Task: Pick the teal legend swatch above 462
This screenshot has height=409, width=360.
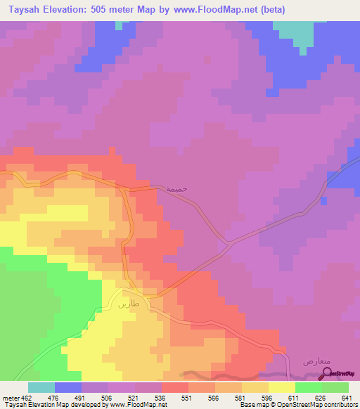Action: [41, 387]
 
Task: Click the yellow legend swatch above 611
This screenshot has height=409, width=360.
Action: [282, 387]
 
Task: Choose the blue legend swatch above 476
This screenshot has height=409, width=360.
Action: [67, 387]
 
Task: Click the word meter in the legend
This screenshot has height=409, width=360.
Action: [11, 397]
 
